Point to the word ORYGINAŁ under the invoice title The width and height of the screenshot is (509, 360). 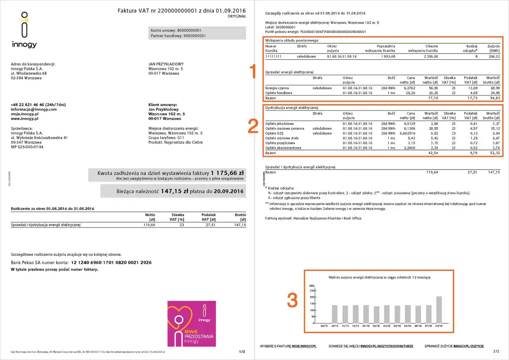pos(237,17)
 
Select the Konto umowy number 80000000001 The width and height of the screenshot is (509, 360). pos(189,30)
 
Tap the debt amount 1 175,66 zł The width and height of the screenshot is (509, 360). pos(227,173)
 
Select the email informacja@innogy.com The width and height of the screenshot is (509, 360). pos(33,109)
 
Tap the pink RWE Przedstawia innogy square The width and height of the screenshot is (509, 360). pos(192,323)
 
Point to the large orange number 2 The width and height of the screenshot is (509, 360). pos(253,126)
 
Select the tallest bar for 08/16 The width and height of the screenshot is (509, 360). pos(439,309)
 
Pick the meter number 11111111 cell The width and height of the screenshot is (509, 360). pos(273,56)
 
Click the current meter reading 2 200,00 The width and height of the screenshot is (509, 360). pos(430,56)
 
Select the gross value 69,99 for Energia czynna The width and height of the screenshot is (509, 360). pos(494,88)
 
